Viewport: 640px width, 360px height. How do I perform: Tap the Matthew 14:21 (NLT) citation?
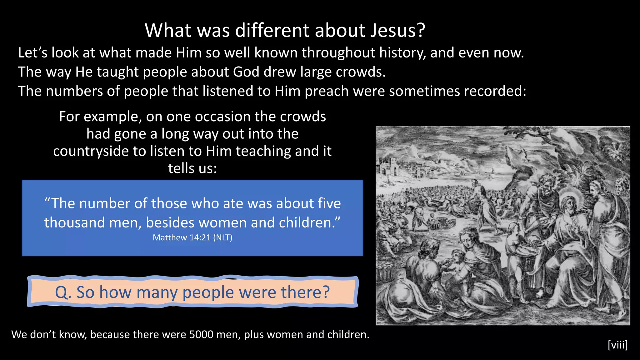pyautogui.click(x=192, y=237)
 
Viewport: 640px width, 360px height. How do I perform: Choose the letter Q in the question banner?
pyautogui.click(x=62, y=292)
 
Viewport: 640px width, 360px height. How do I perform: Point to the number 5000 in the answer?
pyautogui.click(x=201, y=335)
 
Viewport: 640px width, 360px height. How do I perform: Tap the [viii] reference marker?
pyautogui.click(x=617, y=345)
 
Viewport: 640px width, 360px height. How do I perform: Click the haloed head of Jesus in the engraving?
pyautogui.click(x=569, y=205)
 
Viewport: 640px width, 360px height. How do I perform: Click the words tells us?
pyautogui.click(x=192, y=168)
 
